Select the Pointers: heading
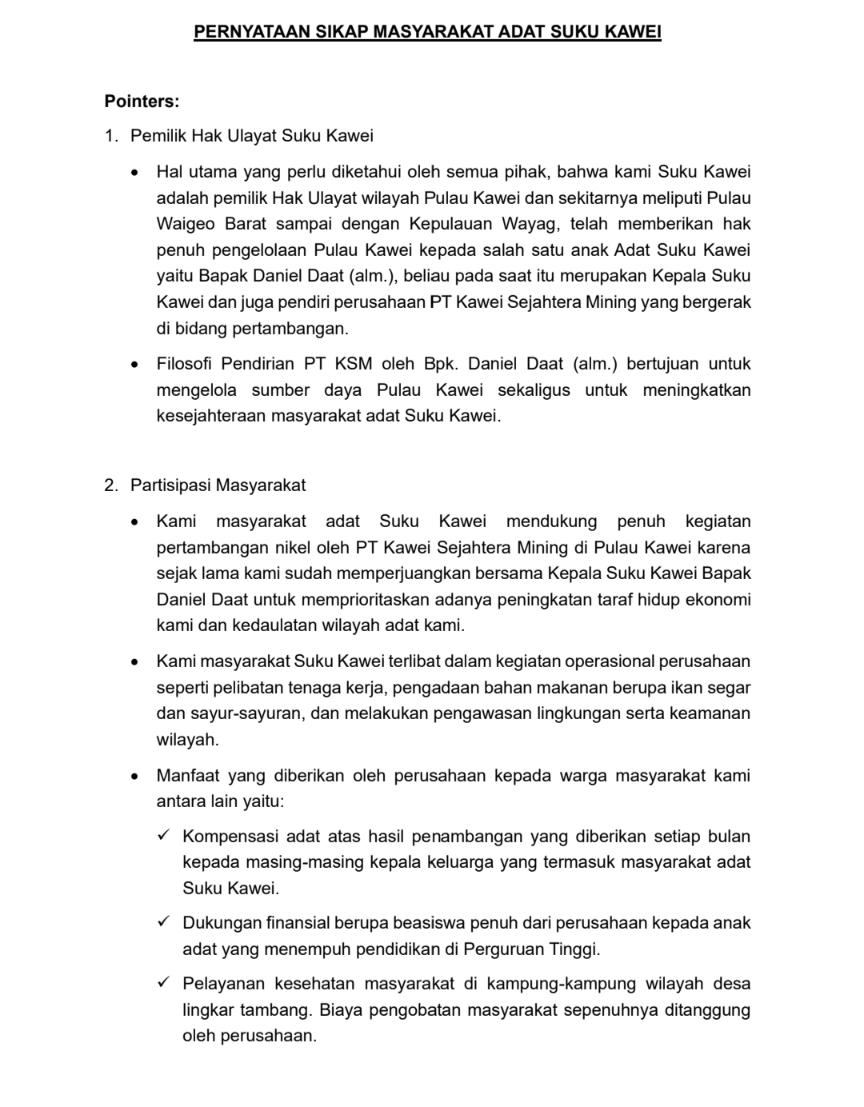[142, 102]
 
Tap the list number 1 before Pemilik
[110, 136]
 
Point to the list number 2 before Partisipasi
[110, 486]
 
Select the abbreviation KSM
[354, 364]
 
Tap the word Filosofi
[184, 364]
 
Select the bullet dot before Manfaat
[137, 777]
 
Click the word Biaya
[339, 1010]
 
